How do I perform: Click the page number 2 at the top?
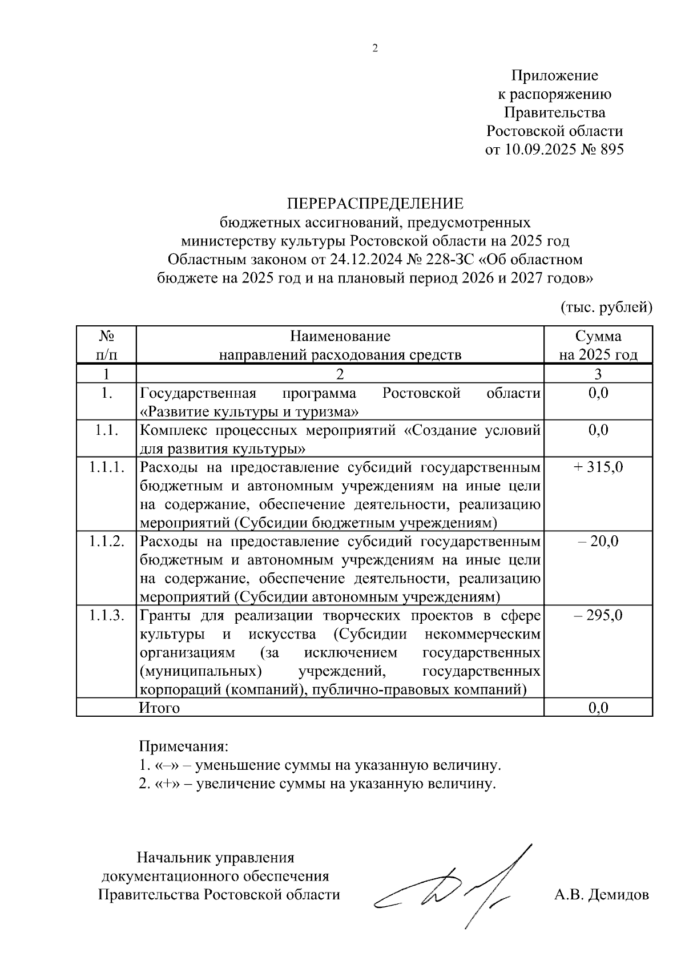(375, 49)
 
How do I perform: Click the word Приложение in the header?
(554, 76)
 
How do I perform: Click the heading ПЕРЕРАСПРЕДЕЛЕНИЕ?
(375, 204)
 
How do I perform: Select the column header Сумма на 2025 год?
(598, 345)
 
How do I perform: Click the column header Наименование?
(340, 336)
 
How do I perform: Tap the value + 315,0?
(598, 467)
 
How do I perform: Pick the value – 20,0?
(598, 542)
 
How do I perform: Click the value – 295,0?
(598, 616)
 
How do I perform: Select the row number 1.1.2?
(106, 542)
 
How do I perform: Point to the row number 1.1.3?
(106, 616)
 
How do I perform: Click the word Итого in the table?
(159, 708)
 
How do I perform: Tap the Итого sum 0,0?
(598, 708)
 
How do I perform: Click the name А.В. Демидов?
(601, 894)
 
